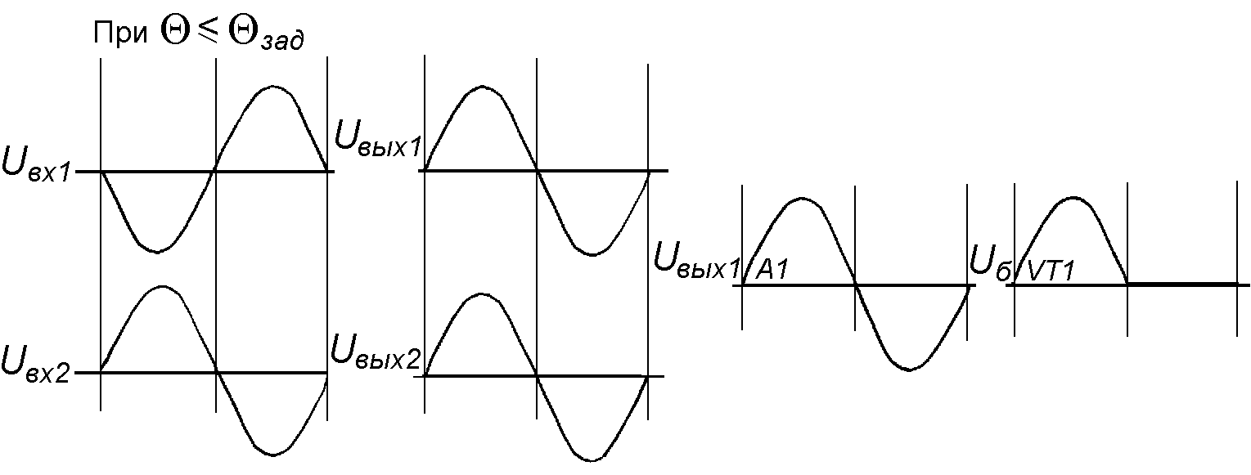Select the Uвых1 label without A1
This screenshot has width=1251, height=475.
[378, 139]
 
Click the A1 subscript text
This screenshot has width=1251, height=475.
[772, 271]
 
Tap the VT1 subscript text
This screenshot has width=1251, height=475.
[1050, 271]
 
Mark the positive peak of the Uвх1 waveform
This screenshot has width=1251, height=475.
[273, 85]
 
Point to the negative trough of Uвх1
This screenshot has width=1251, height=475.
[157, 251]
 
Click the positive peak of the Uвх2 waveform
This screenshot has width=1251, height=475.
[164, 286]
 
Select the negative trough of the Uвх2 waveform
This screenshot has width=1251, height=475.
[272, 455]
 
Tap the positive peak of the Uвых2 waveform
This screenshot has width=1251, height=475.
[481, 293]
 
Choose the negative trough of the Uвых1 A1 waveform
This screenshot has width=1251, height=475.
[909, 370]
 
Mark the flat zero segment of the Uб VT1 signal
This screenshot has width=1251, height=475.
[1182, 284]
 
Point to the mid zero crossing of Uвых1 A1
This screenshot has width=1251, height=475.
[855, 285]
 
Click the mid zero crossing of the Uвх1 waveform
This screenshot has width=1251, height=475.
[215, 171]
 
